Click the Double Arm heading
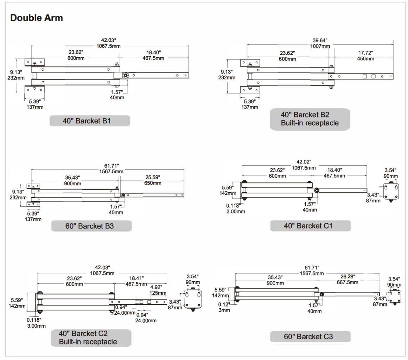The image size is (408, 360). (37, 18)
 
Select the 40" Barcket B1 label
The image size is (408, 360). (90, 121)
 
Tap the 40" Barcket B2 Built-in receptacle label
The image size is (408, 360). (310, 119)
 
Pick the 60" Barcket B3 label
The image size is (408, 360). (91, 226)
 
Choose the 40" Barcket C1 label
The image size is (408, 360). (310, 225)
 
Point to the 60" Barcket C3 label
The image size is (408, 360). (310, 336)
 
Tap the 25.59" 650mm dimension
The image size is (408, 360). (153, 180)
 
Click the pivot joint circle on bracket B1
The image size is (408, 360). (126, 75)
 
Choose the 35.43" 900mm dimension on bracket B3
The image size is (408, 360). (73, 180)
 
